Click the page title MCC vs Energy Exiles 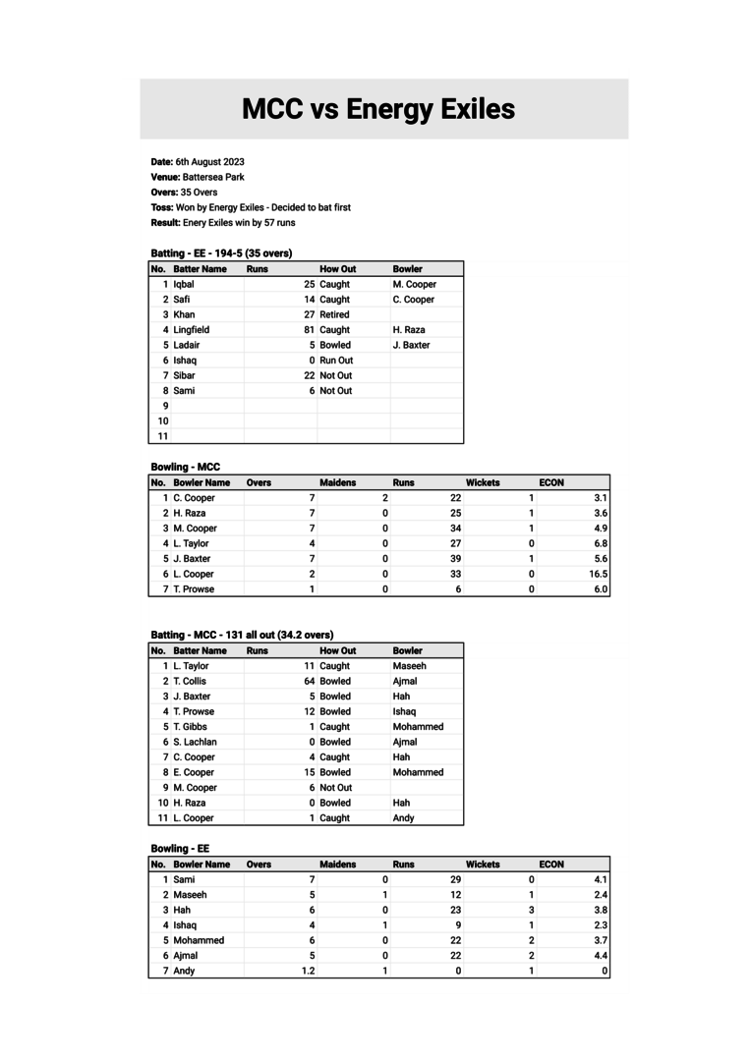point(378,109)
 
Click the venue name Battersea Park point(213,177)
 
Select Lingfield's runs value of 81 point(309,330)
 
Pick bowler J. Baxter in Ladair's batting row point(411,345)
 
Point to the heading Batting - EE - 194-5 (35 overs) point(221,252)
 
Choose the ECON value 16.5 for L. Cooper point(598,574)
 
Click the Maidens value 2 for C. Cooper point(385,498)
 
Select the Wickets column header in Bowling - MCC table point(483,482)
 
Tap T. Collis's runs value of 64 point(309,681)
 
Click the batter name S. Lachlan point(195,742)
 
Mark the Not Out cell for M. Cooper point(335,788)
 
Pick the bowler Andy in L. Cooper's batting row point(403,818)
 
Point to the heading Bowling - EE point(180,848)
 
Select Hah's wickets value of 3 point(532,910)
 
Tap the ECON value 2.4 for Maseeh point(601,895)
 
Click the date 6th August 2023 point(210,161)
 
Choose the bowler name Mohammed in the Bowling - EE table point(199,940)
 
